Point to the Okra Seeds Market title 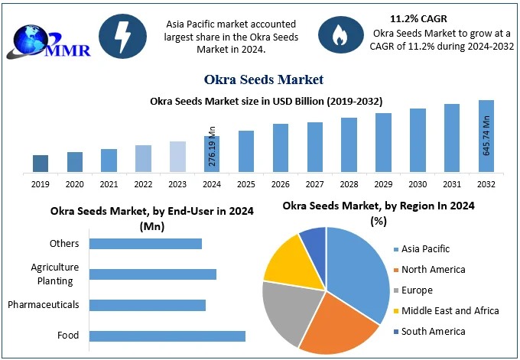pos(264,79)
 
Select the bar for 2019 pos(41,163)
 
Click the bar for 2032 pos(486,136)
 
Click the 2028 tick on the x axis pos(349,183)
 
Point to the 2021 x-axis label pos(109,183)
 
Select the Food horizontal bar pos(167,336)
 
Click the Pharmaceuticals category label pos(44,304)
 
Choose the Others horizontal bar pos(145,244)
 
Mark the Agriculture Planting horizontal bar pos(153,274)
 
